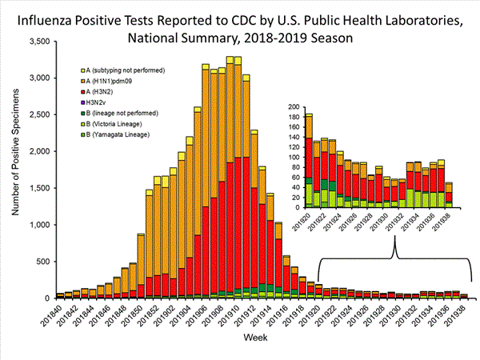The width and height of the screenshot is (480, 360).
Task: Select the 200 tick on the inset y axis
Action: pyautogui.click(x=293, y=106)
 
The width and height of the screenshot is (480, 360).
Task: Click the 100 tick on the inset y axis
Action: pyautogui.click(x=293, y=157)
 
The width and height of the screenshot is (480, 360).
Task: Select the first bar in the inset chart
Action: pyautogui.click(x=309, y=161)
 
